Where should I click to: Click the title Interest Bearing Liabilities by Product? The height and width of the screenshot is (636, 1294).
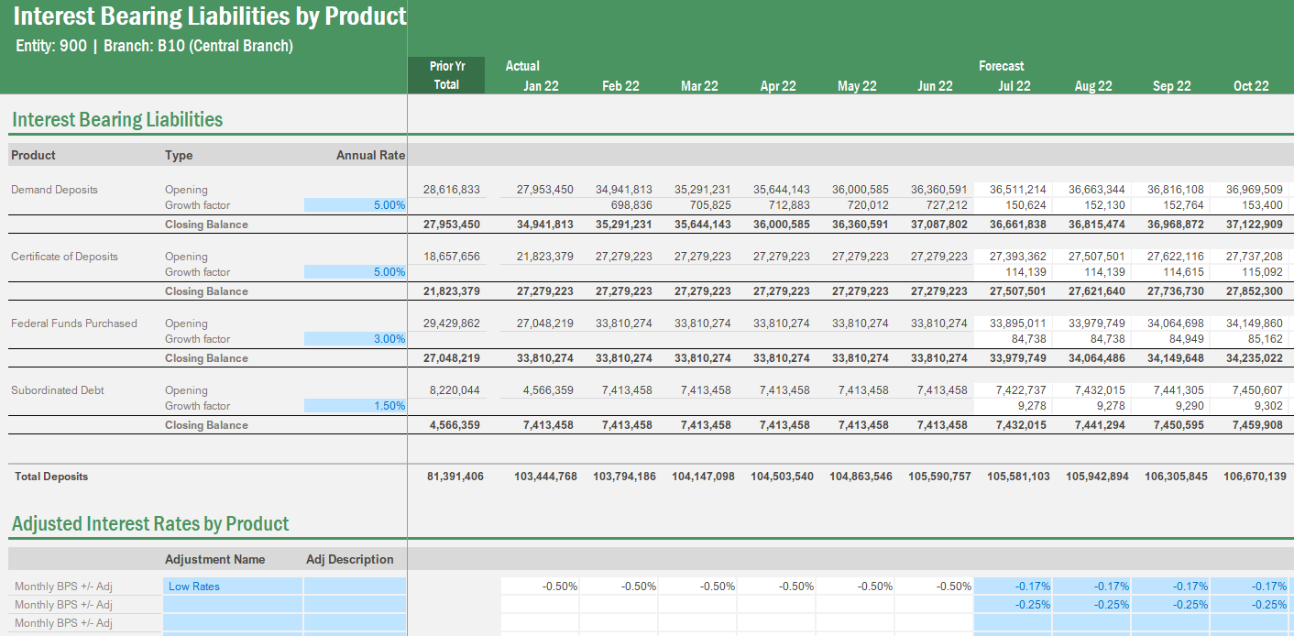210,16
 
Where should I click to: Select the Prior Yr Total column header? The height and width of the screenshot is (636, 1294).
446,75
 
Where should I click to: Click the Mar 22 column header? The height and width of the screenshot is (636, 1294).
699,86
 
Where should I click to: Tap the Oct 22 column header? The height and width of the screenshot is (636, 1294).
1251,86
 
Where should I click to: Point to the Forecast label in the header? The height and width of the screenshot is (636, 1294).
1001,66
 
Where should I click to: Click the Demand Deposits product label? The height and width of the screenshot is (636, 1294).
54,190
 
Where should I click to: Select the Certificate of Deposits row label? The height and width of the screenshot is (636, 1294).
64,257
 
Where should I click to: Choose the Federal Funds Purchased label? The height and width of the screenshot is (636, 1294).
73,323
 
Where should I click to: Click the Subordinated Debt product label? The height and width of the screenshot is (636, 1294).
58,390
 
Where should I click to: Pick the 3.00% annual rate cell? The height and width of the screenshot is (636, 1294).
355,339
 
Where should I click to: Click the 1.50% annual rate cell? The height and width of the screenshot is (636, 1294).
355,406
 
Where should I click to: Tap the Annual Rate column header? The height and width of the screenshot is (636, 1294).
370,155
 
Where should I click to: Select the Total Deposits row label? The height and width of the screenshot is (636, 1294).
51,477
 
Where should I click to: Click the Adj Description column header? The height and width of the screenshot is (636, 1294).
349,559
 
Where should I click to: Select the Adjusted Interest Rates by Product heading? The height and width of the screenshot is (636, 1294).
150,524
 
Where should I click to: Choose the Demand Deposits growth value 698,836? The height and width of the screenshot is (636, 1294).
631,205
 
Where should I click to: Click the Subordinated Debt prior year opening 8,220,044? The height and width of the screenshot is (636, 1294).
454,390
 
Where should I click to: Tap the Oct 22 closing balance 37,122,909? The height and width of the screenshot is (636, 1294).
1254,225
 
